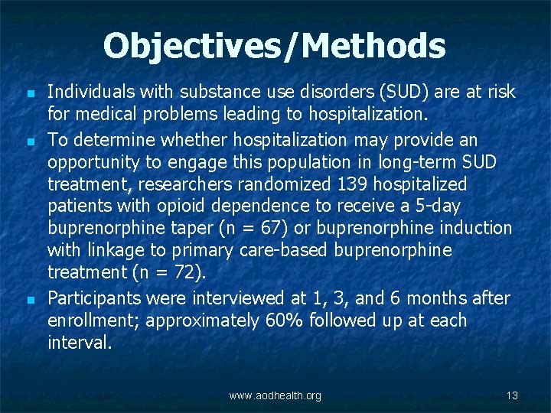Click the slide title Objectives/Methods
tap(274, 46)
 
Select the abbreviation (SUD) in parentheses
tap(406, 93)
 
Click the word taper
tap(191, 229)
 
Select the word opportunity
tap(91, 162)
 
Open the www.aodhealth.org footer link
tap(275, 395)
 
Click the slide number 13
tap(512, 395)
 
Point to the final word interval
tap(78, 342)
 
